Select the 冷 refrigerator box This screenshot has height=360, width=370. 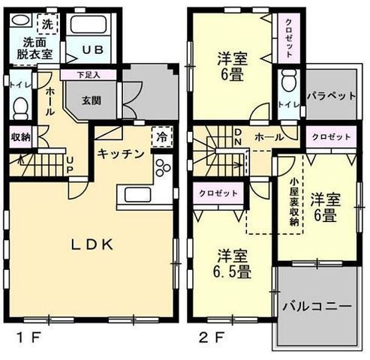click(161, 137)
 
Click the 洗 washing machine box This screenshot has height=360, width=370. click(47, 24)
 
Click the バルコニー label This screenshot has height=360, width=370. click(317, 306)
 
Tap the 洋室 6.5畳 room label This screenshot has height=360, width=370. click(234, 262)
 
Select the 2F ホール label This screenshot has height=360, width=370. click(267, 138)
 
